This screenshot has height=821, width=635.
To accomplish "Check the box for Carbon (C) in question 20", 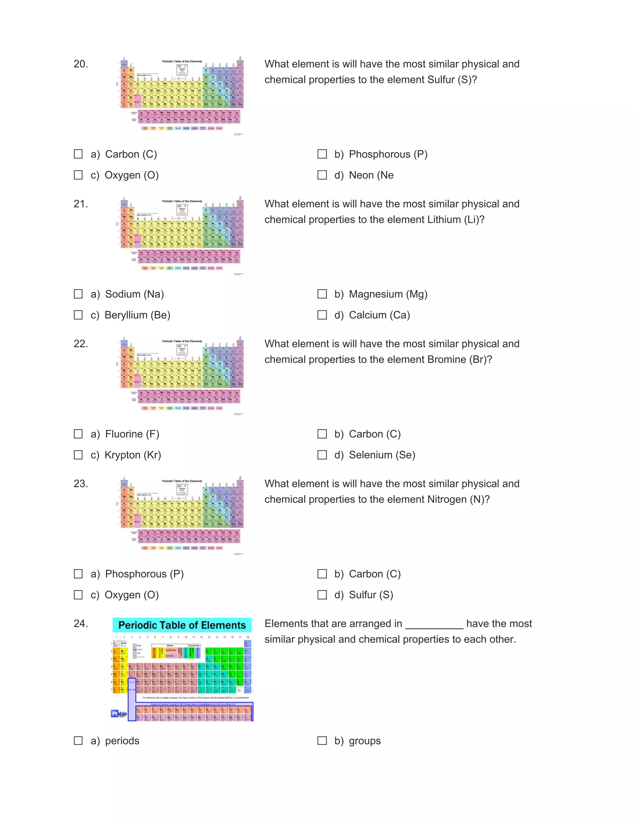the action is (78, 154).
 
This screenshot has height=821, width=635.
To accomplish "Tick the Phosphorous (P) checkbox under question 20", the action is (322, 154).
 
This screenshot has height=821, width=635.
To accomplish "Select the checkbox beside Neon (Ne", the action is (322, 175).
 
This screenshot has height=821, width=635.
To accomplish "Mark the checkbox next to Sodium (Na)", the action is (78, 294).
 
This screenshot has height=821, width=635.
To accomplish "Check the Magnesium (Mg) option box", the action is (322, 294).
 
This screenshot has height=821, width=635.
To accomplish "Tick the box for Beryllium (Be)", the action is (78, 315).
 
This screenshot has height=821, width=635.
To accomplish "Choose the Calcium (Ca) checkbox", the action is (322, 315).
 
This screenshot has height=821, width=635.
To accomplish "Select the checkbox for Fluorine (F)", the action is (78, 434).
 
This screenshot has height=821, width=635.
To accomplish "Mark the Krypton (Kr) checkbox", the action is (78, 455).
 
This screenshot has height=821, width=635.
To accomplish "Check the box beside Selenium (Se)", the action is (322, 455).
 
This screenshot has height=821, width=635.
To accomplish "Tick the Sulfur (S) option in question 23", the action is (322, 595).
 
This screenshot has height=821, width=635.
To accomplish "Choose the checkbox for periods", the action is (78, 740).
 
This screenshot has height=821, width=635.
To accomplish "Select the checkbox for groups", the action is (322, 740).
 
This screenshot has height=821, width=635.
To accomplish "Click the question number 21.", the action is (81, 204).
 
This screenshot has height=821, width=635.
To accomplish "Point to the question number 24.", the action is (81, 623).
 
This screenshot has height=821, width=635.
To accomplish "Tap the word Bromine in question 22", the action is (446, 359).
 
